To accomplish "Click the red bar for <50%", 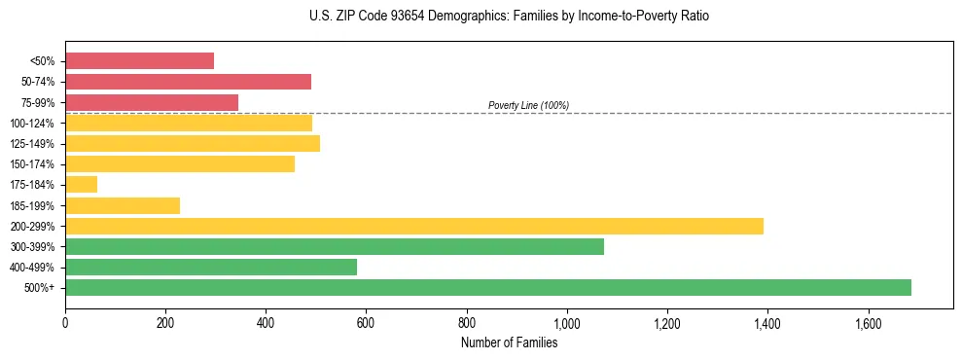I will pyautogui.click(x=139, y=61).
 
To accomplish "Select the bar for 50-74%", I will pyautogui.click(x=188, y=82).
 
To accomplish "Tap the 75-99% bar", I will pyautogui.click(x=152, y=102).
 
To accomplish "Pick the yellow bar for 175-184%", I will pyautogui.click(x=81, y=185).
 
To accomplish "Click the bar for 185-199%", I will pyautogui.click(x=123, y=205).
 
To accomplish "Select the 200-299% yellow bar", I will pyautogui.click(x=414, y=226).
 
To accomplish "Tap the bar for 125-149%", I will pyautogui.click(x=193, y=144).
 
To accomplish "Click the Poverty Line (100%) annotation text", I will pyautogui.click(x=528, y=105).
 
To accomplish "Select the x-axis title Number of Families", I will pyautogui.click(x=509, y=343).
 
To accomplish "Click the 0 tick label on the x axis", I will pyautogui.click(x=65, y=323).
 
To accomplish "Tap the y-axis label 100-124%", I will pyautogui.click(x=32, y=124).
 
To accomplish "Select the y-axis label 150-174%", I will pyautogui.click(x=32, y=164).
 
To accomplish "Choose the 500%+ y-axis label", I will pyautogui.click(x=40, y=288).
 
